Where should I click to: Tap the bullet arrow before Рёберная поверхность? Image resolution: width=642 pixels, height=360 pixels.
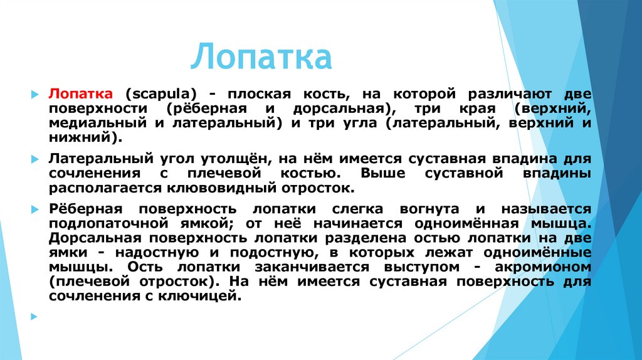click(35, 209)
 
